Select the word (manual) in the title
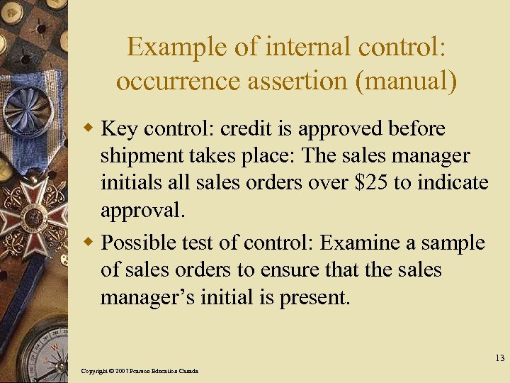click(x=409, y=81)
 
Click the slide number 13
click(x=499, y=358)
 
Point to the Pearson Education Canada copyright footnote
click(x=140, y=371)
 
